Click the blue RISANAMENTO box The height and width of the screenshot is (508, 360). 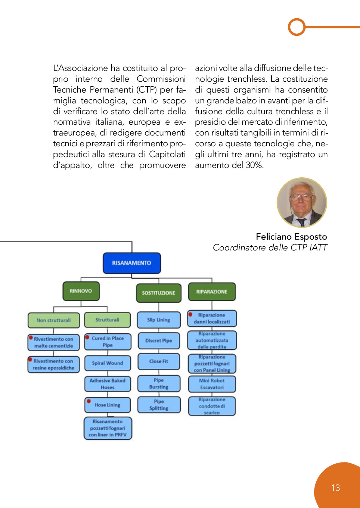coord(131,263)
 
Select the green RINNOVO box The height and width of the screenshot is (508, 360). coord(81,291)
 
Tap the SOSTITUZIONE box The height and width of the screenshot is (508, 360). coord(158,293)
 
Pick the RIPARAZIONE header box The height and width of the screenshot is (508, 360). coord(212,292)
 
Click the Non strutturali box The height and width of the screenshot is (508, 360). coord(54,320)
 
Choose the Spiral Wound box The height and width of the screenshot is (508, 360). coord(108,363)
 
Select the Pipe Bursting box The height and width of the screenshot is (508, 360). coord(159,384)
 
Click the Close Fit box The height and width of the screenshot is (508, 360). coord(159,361)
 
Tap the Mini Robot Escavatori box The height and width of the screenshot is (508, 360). coord(212,384)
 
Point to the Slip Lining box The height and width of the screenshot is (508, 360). coord(158,320)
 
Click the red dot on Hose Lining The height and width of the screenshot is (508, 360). coord(89,402)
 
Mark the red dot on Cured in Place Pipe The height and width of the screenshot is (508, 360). coord(87,337)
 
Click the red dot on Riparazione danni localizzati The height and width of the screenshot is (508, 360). coord(190,314)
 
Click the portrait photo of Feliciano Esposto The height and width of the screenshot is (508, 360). coord(302,202)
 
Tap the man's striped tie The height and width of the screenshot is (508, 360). coord(302,222)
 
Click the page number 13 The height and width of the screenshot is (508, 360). coord(335,488)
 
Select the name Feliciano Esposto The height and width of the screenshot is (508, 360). coord(291,237)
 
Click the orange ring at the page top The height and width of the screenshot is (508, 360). coord(297,27)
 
